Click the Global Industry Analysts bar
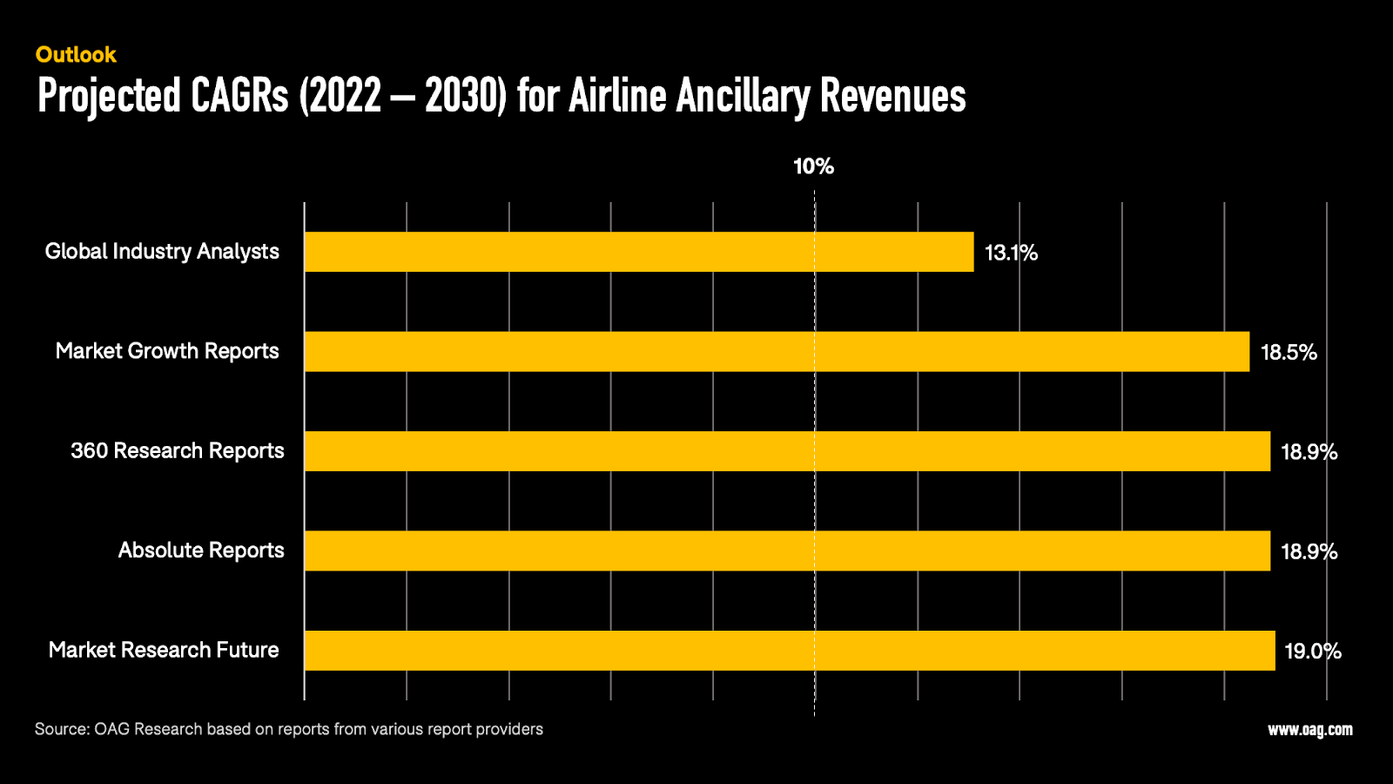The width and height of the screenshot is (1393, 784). pyautogui.click(x=639, y=252)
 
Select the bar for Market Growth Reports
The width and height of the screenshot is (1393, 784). pyautogui.click(x=777, y=351)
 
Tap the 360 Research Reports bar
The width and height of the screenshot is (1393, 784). pyautogui.click(x=787, y=451)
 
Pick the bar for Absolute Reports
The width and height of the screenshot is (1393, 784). pyautogui.click(x=787, y=551)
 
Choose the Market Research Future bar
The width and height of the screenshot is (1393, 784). pyautogui.click(x=790, y=651)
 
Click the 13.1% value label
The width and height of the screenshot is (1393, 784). pyautogui.click(x=1011, y=253)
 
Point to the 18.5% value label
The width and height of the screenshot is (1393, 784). pyautogui.click(x=1289, y=352)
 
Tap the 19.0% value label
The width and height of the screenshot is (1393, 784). pyautogui.click(x=1312, y=651)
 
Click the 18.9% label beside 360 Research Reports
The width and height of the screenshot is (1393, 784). pyautogui.click(x=1309, y=451)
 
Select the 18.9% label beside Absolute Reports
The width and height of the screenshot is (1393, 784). pyautogui.click(x=1309, y=551)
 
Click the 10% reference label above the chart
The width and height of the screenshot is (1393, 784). pyautogui.click(x=813, y=166)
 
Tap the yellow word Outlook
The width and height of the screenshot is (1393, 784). pyautogui.click(x=76, y=55)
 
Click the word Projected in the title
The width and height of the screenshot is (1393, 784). pyautogui.click(x=109, y=96)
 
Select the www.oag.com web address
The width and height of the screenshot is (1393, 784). pyautogui.click(x=1309, y=730)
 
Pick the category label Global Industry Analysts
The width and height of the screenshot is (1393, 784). pyautogui.click(x=162, y=252)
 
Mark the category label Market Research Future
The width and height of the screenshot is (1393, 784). pyautogui.click(x=164, y=650)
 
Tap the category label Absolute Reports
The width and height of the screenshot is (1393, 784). pyautogui.click(x=201, y=551)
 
